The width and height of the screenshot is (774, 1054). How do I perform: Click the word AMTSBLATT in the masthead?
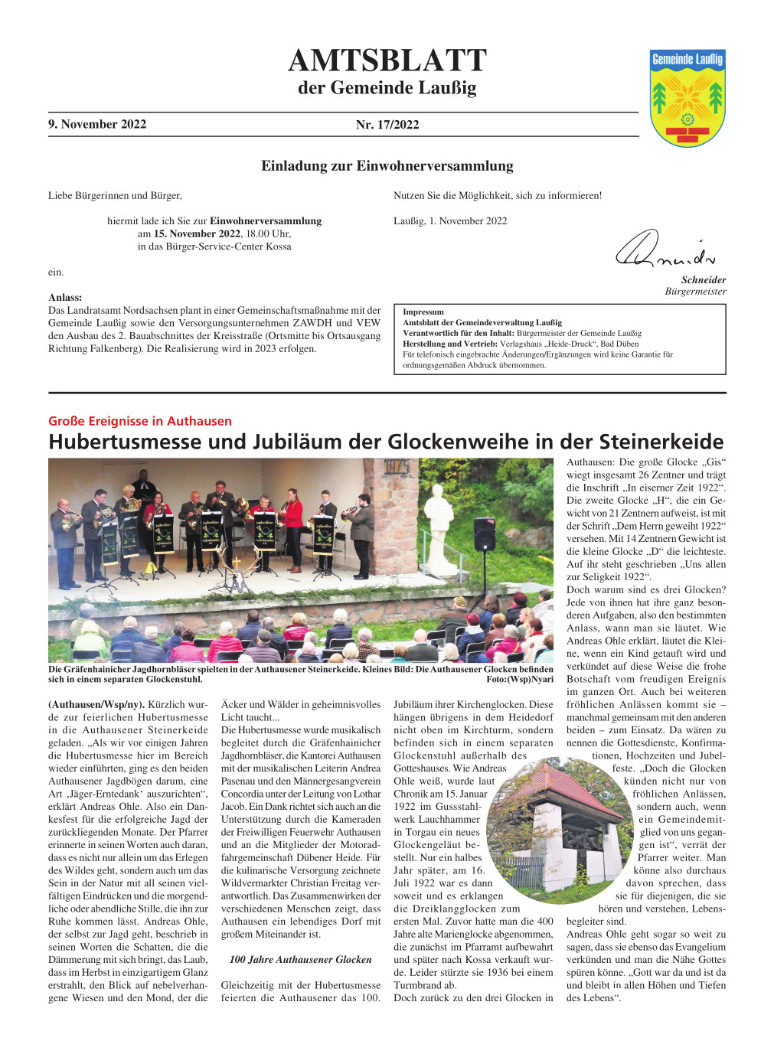tap(387, 60)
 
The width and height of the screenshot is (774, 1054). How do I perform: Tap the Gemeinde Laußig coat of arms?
tap(687, 97)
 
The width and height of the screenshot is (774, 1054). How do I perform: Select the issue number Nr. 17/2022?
tap(387, 125)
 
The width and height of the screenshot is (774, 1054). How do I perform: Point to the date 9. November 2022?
tap(97, 124)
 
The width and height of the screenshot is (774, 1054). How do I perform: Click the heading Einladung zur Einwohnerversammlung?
tap(387, 166)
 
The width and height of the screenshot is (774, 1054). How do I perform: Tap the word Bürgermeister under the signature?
tap(695, 292)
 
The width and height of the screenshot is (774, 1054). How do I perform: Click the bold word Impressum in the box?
tap(423, 312)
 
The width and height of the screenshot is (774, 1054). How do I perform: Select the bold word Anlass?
tap(65, 298)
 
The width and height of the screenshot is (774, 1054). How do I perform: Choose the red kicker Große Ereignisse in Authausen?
tap(139, 421)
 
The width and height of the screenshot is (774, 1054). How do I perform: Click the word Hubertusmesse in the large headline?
tap(122, 442)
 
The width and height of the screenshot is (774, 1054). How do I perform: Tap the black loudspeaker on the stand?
tap(484, 535)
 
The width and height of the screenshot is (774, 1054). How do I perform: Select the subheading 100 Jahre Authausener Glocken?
tap(300, 960)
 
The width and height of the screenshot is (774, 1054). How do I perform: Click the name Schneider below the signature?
tap(704, 280)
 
